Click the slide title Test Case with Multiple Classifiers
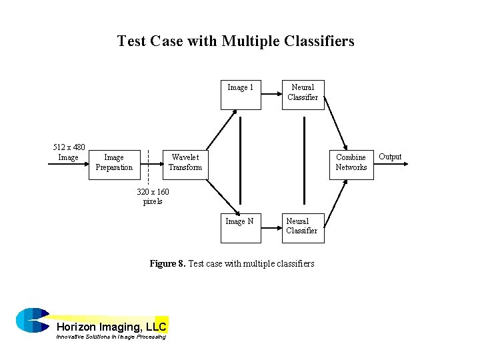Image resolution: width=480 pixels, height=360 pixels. (235, 41)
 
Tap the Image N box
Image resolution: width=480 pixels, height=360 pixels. (239, 227)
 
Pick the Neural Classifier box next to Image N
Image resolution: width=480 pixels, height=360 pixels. (302, 227)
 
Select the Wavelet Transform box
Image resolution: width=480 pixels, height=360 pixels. (185, 163)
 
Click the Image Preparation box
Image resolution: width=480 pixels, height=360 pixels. (114, 163)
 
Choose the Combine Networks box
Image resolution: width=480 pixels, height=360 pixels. (351, 163)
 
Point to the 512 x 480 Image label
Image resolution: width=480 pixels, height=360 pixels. (69, 152)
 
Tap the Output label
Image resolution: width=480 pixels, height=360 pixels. (390, 157)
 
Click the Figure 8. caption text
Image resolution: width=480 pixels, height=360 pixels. (231, 264)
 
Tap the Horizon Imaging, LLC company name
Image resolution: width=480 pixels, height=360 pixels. (111, 327)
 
